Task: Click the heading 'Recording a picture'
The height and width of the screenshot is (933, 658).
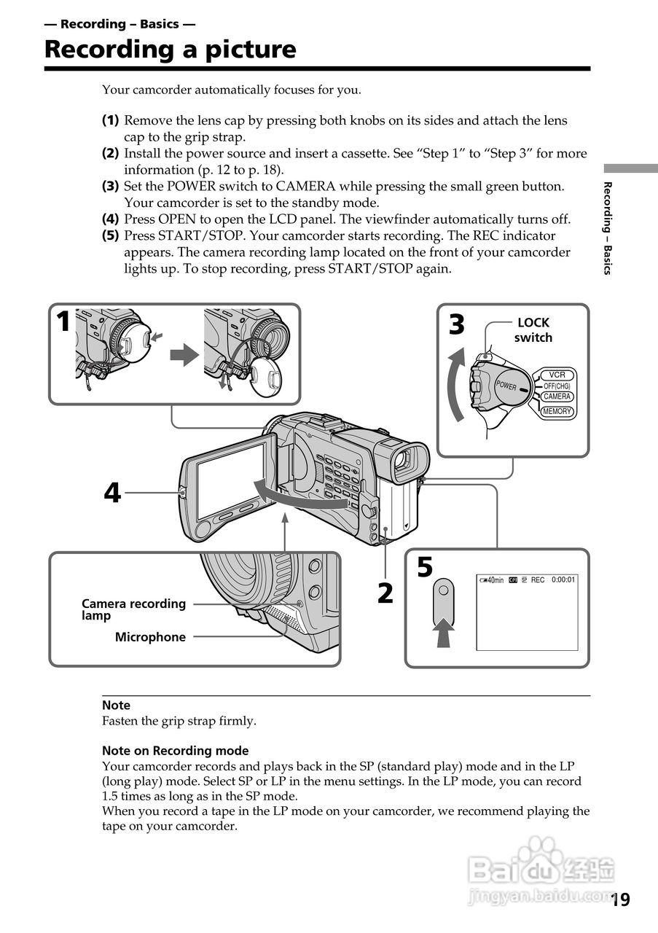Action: pyautogui.click(x=170, y=50)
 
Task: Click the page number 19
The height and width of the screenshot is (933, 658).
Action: pyautogui.click(x=620, y=899)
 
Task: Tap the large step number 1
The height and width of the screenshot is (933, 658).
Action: pyautogui.click(x=64, y=321)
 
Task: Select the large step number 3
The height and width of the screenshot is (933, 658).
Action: pyautogui.click(x=456, y=324)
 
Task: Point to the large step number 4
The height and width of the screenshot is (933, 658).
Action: pyautogui.click(x=111, y=493)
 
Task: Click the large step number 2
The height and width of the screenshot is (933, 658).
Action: pyautogui.click(x=385, y=593)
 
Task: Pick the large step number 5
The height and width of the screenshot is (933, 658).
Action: pyautogui.click(x=425, y=568)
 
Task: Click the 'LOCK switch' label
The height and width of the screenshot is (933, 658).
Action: pyautogui.click(x=533, y=330)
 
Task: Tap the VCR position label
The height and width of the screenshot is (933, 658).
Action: pyautogui.click(x=557, y=375)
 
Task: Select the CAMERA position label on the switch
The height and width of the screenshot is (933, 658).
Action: pyautogui.click(x=557, y=397)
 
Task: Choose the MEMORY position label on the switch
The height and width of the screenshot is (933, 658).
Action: pyautogui.click(x=557, y=412)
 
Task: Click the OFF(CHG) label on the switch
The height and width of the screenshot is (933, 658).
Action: pyautogui.click(x=557, y=386)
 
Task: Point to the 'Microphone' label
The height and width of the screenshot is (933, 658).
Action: pyautogui.click(x=150, y=637)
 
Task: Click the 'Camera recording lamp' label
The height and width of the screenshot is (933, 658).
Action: pyautogui.click(x=133, y=609)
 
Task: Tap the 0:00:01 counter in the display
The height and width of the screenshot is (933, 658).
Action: pyautogui.click(x=563, y=580)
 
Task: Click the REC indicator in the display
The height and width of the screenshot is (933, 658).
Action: pyautogui.click(x=538, y=580)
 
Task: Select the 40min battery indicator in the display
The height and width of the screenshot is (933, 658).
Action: pyautogui.click(x=492, y=580)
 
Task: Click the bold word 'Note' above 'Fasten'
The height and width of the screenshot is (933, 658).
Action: pyautogui.click(x=116, y=706)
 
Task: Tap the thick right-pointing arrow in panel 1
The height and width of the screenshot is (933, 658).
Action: pyautogui.click(x=184, y=356)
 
